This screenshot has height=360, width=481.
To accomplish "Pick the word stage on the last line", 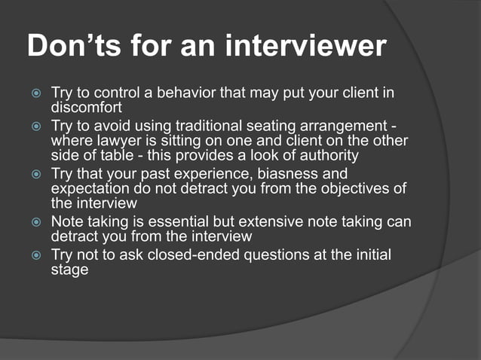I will (69, 269).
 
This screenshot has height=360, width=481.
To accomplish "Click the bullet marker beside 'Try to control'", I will (32, 94).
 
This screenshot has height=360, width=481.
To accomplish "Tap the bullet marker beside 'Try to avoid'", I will (32, 128).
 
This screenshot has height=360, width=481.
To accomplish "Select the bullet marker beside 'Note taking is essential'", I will (32, 223).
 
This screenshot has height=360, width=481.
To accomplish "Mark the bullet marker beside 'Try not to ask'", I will (32, 256).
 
